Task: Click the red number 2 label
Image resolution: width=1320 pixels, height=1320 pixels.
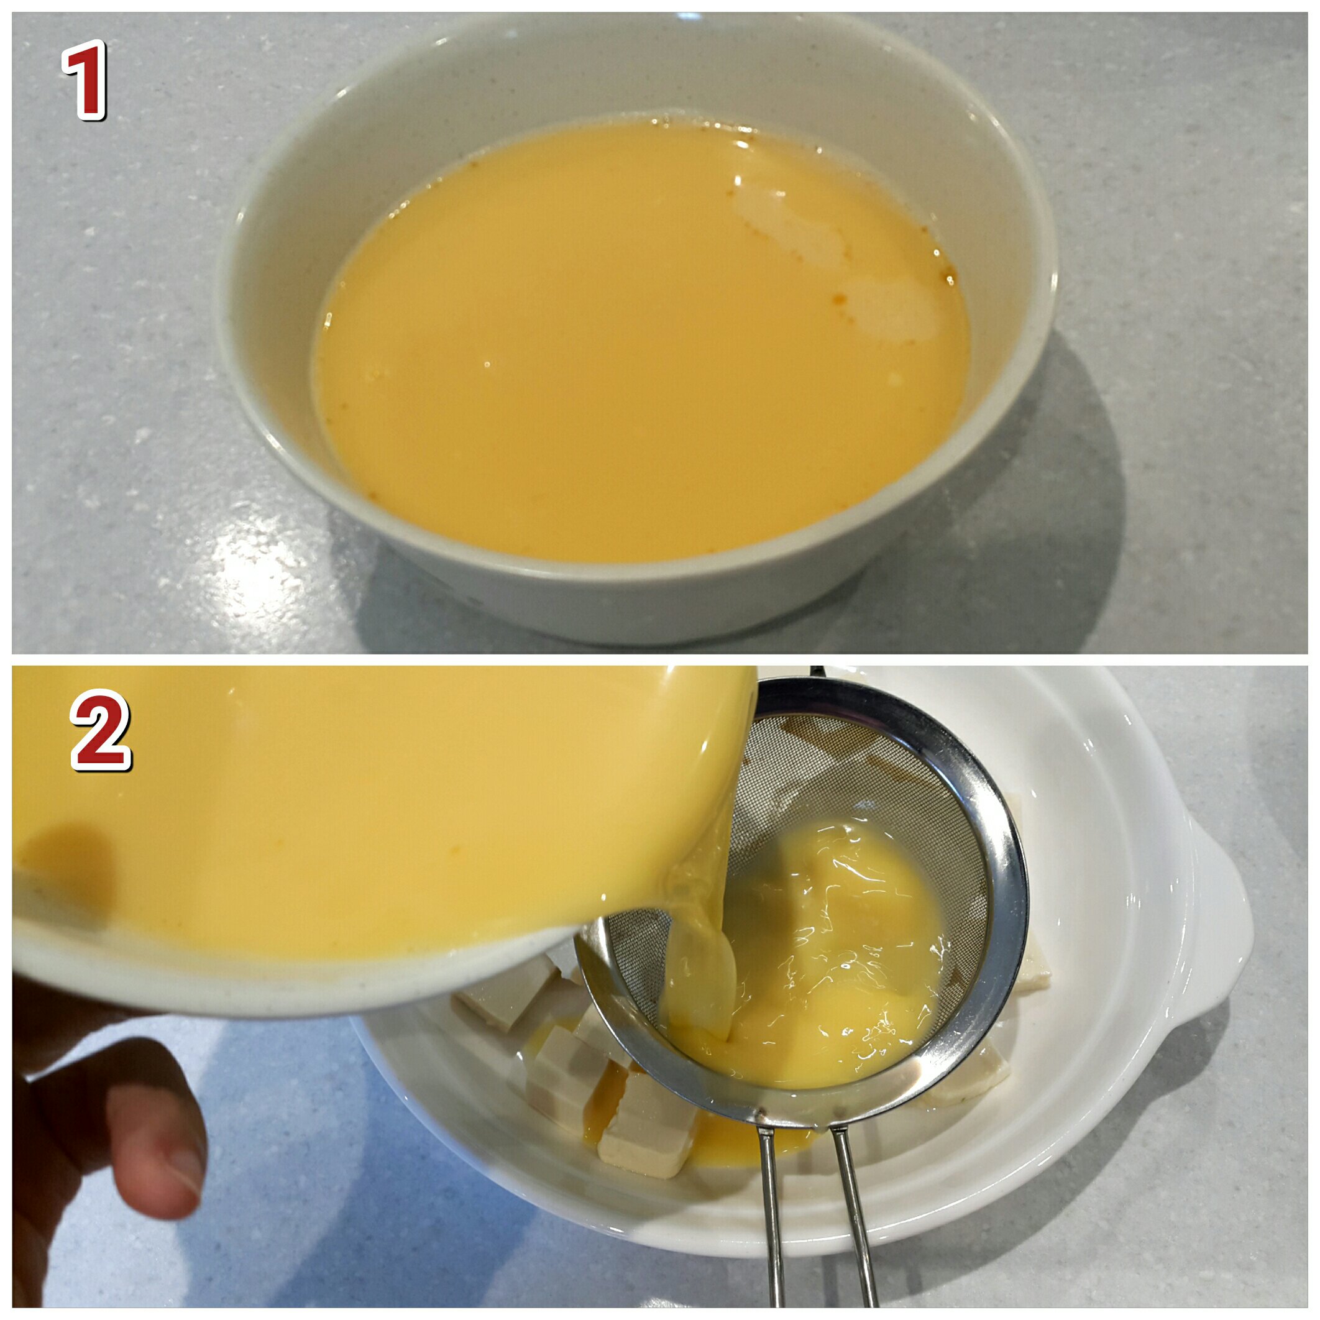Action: (x=101, y=730)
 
